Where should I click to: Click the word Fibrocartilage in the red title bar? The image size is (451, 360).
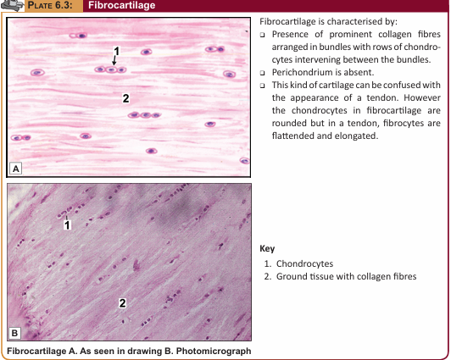tap(122, 5)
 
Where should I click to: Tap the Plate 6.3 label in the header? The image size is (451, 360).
tap(50, 5)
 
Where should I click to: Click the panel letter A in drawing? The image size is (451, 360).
tap(16, 169)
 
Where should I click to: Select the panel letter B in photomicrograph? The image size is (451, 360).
tap(14, 333)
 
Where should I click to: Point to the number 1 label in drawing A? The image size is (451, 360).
tap(116, 51)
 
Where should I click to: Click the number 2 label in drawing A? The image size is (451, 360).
tap(125, 98)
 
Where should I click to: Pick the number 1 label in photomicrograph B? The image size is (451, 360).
tap(67, 225)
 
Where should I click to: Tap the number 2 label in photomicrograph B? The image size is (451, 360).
tap(123, 303)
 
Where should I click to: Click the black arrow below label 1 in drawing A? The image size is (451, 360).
tap(114, 60)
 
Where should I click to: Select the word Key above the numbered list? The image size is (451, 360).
tap(267, 248)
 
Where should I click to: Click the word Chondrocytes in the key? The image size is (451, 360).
tap(304, 263)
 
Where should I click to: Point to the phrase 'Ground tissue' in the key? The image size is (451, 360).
tap(305, 276)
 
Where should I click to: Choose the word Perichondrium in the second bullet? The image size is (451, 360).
tap(303, 72)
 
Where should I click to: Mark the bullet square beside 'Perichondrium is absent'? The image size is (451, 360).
tap(262, 73)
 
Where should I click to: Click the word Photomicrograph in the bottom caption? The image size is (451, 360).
tap(213, 351)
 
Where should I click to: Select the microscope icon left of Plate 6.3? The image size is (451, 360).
tap(12, 5)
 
